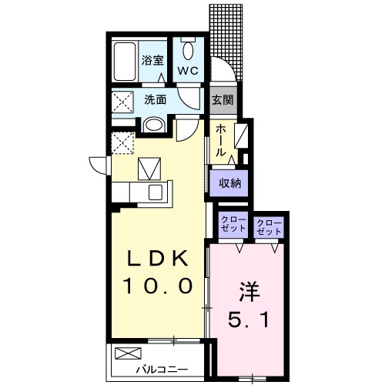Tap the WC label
click(x=189, y=70)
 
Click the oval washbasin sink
click(x=154, y=126)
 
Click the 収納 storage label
click(x=229, y=182)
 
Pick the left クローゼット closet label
click(x=233, y=225)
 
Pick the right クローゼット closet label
click(x=269, y=226)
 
